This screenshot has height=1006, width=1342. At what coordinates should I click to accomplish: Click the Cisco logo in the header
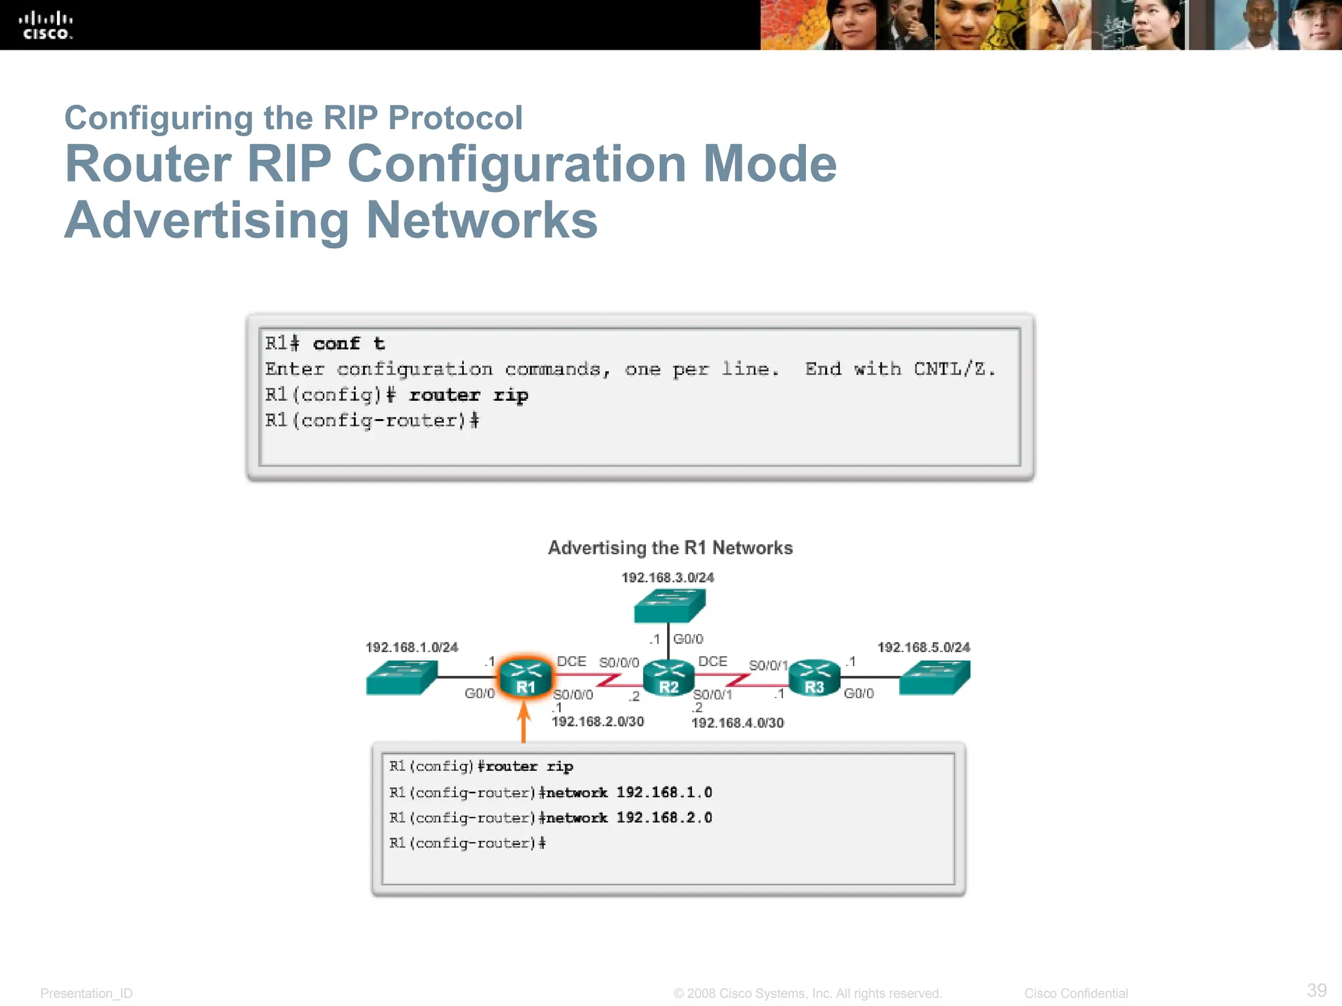coord(45,26)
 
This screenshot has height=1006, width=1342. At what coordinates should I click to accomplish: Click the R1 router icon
coord(525,677)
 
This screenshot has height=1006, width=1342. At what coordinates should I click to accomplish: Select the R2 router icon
coord(668,677)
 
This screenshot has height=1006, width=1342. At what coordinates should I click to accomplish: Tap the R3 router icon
coord(814,677)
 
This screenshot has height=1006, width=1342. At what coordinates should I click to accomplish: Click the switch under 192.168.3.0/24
coord(669,605)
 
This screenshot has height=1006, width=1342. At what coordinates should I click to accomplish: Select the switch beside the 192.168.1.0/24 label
coord(401,677)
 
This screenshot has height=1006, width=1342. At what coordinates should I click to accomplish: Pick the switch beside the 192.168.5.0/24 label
coord(934,677)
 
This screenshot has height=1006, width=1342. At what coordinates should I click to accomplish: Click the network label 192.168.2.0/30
coord(598,721)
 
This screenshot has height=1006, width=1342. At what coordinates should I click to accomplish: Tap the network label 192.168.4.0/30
coord(737,722)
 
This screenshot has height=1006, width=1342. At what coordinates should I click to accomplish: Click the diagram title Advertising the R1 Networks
coord(670,548)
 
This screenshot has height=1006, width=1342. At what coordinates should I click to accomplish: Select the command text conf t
coord(349,343)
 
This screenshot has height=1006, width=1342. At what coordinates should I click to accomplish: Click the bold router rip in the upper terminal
coord(468,395)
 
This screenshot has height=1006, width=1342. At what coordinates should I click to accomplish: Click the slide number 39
coord(1316,990)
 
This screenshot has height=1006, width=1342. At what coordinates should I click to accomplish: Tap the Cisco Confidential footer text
coord(1075,993)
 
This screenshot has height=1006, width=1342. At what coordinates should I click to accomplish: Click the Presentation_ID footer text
coord(86,993)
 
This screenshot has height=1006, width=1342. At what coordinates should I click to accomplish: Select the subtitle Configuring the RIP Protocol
coord(293,119)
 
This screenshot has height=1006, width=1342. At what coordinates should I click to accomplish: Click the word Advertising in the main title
coord(207,220)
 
